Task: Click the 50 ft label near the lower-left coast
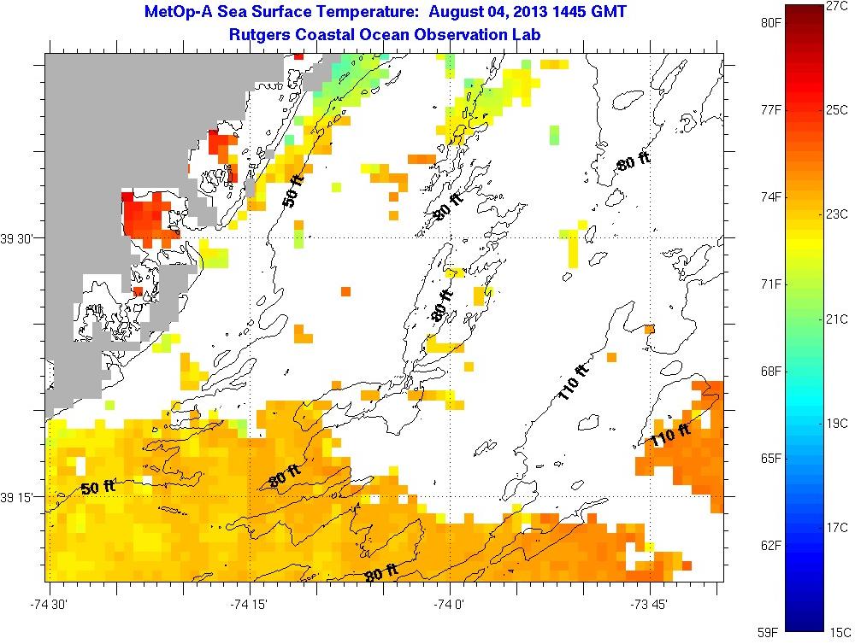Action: point(97,488)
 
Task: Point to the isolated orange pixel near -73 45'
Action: point(649,329)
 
